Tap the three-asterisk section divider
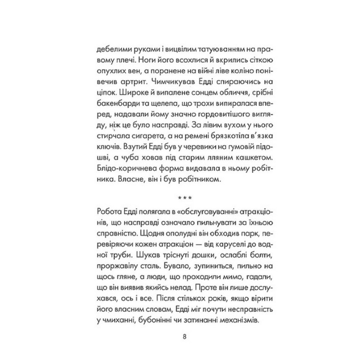click(x=184, y=198)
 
